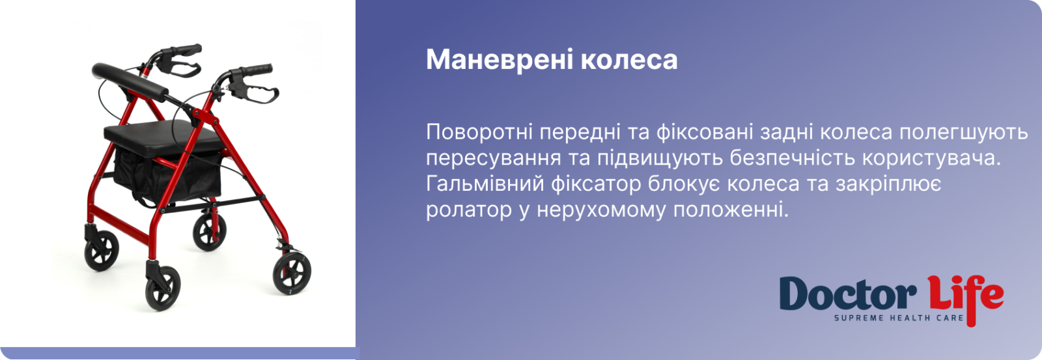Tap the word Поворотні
click(x=479, y=133)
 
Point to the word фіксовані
click(x=704, y=132)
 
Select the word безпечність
click(x=792, y=158)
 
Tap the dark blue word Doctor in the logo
click(x=847, y=294)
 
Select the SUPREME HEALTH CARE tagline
click(x=899, y=318)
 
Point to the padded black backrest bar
click(x=130, y=81)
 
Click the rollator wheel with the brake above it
click(x=292, y=273)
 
